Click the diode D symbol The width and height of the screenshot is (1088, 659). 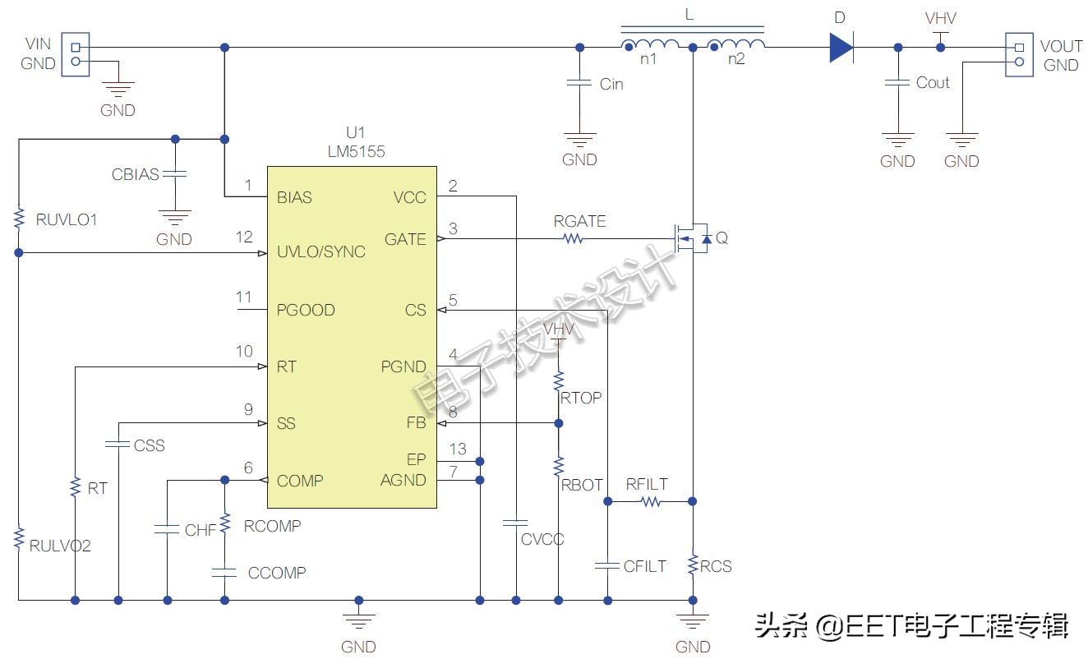click(x=841, y=48)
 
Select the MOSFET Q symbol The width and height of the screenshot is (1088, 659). click(x=693, y=238)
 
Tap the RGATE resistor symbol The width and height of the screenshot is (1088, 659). click(x=573, y=238)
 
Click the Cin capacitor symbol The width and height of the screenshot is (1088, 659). click(x=579, y=83)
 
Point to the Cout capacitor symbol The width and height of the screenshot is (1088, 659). click(x=897, y=82)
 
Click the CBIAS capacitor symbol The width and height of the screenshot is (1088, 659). click(x=175, y=174)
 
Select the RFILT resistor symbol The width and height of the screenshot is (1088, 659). click(x=651, y=502)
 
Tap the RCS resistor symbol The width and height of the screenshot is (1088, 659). click(x=693, y=565)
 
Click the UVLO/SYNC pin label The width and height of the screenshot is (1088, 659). click(x=321, y=251)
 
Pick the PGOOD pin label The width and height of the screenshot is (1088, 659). click(x=306, y=310)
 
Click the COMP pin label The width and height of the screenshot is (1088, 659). click(x=300, y=481)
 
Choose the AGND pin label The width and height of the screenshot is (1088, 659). click(x=403, y=480)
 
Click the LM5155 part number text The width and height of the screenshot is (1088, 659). click(x=356, y=151)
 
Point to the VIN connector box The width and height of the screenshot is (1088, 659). click(x=76, y=54)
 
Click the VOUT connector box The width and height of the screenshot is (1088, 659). click(x=1019, y=54)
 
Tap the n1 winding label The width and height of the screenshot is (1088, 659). click(x=648, y=59)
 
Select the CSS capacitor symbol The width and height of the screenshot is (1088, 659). click(x=118, y=444)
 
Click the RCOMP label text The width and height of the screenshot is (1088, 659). click(x=273, y=526)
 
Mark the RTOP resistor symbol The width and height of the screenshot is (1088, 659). click(x=559, y=381)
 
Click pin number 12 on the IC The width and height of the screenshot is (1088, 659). click(x=244, y=237)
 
